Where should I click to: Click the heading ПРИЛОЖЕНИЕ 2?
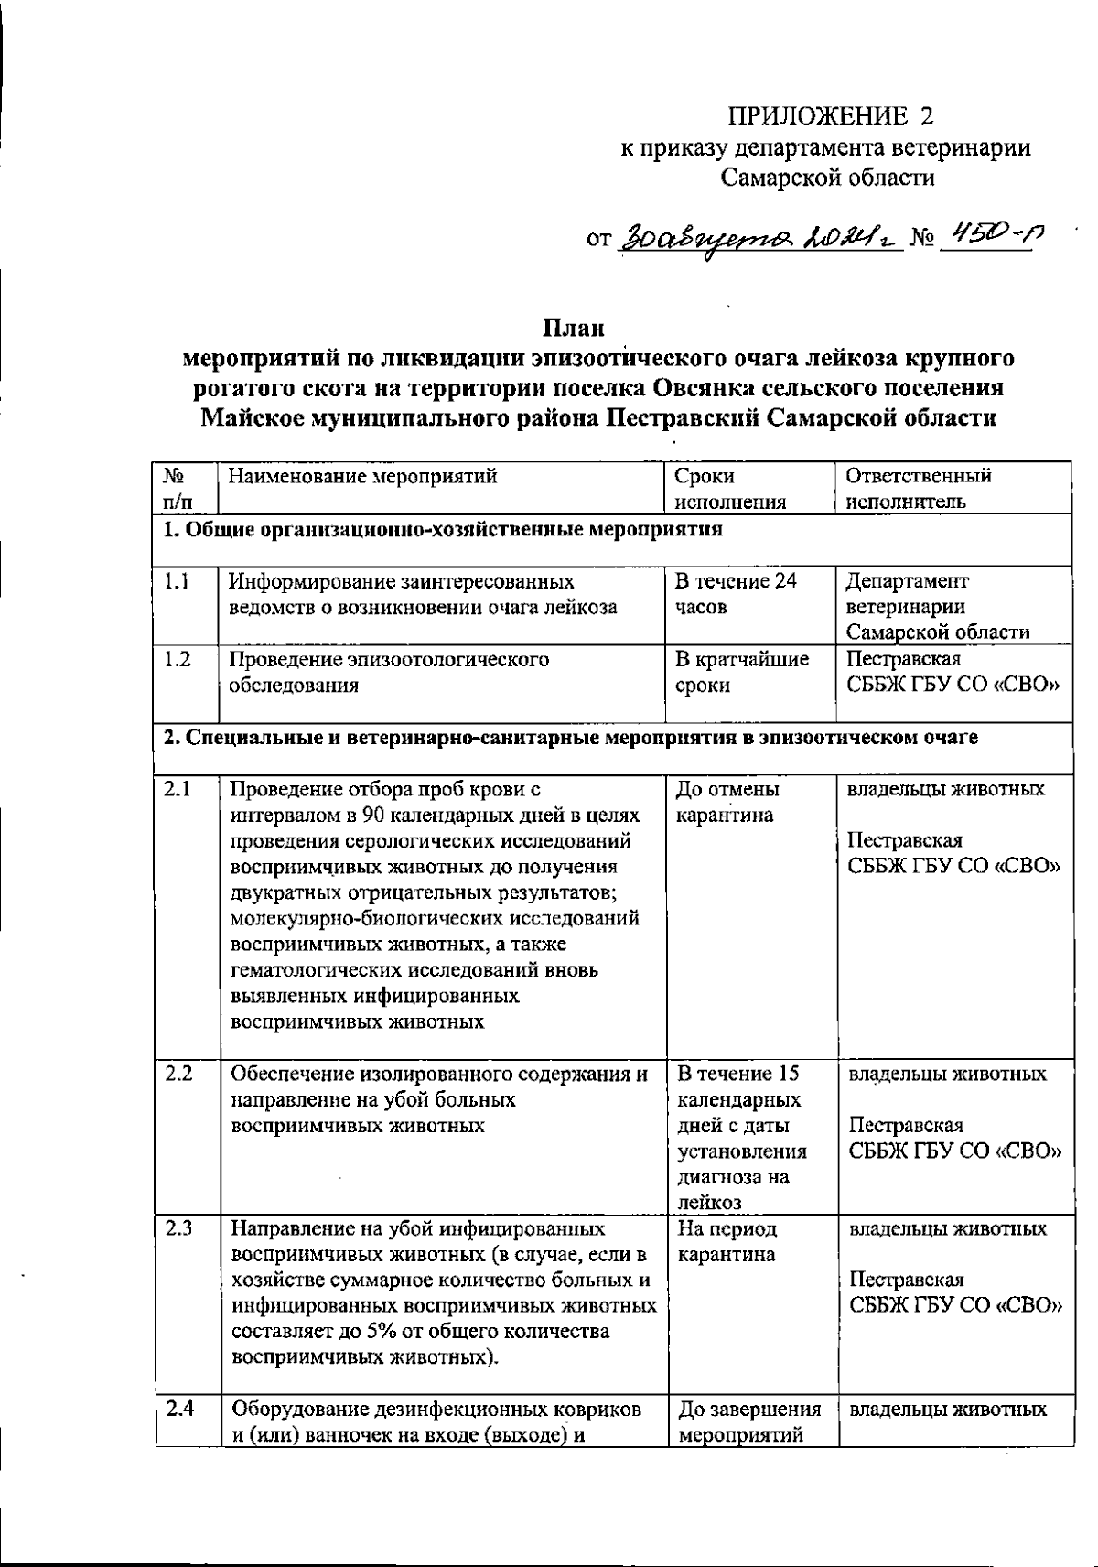click(x=833, y=116)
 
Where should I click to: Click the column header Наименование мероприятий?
click(x=362, y=476)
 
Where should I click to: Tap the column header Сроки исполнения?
click(x=730, y=489)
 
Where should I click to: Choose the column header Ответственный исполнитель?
click(x=918, y=489)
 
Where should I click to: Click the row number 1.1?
click(x=178, y=581)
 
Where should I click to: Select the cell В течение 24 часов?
click(x=735, y=594)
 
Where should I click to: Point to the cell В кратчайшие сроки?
click(x=741, y=673)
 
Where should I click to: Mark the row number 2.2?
click(x=178, y=1074)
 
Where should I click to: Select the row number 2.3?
click(x=178, y=1228)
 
